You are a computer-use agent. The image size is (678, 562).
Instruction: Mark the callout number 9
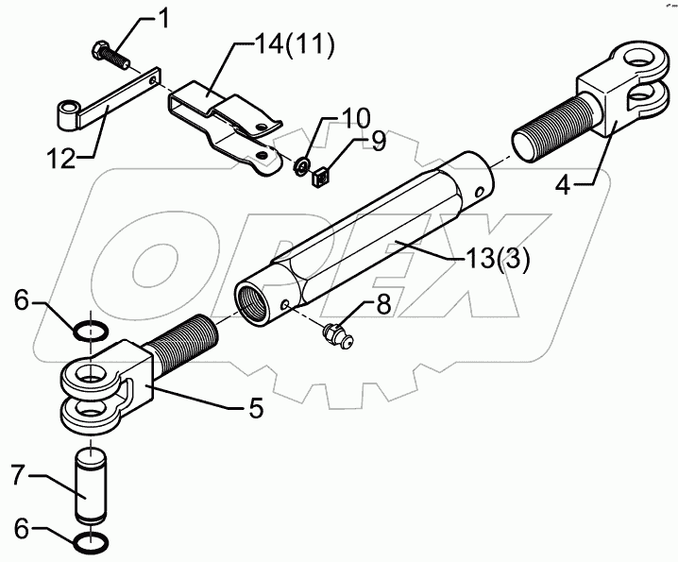[378, 143]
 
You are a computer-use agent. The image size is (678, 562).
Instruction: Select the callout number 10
[331, 121]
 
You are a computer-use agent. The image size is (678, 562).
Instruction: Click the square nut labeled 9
[321, 176]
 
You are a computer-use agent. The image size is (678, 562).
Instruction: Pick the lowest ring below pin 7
[92, 544]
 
